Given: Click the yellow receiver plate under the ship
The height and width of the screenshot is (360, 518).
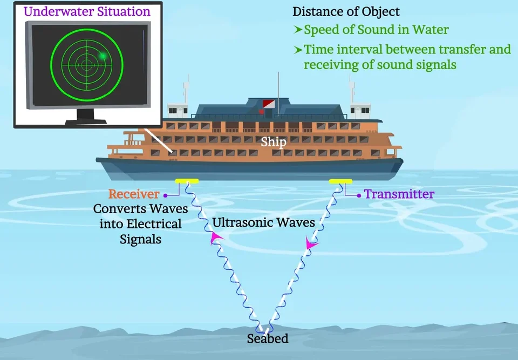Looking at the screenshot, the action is pos(187,181).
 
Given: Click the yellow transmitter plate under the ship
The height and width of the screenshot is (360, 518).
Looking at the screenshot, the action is pos(340,181).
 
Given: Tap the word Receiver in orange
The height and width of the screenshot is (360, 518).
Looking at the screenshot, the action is pos(134,194).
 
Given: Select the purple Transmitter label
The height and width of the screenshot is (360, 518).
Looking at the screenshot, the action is pos(399,194).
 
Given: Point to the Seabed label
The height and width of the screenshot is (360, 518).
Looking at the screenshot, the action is pos(268,338).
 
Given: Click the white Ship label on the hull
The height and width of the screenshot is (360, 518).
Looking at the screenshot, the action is pos(273,142).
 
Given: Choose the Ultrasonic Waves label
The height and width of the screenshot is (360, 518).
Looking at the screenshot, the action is pos(264,222).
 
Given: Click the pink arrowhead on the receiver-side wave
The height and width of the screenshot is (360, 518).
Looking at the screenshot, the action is pos(216,237).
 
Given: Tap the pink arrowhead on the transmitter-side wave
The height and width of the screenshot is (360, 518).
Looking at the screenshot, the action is pos(311,243).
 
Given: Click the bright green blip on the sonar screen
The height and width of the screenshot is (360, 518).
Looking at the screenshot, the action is pos(104,56).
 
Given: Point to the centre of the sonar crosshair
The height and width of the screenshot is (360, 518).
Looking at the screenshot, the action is pos(87,65).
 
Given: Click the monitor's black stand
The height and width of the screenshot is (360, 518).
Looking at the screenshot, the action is pos(86,117).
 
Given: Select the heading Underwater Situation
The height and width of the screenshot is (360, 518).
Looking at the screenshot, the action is pos(87,11).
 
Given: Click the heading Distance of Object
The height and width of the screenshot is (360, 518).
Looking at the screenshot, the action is pos(346,12).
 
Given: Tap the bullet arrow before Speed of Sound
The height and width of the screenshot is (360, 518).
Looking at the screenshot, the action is pos(298,30).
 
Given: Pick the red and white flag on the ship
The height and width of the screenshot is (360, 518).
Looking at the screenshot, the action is pos(269,104).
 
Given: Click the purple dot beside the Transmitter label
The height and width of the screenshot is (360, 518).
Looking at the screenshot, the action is pos(359,196).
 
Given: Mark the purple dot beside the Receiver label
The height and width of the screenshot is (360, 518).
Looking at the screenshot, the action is pos(166,196).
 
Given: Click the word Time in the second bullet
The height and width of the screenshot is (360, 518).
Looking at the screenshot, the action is pos(317,50).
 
